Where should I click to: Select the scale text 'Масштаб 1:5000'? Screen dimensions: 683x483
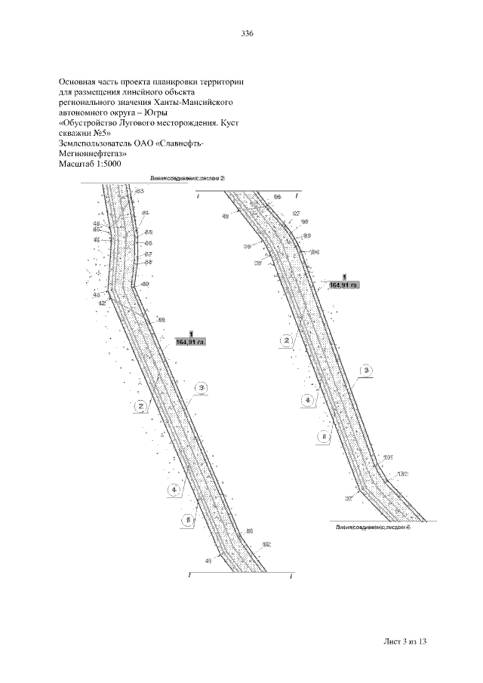click(89, 164)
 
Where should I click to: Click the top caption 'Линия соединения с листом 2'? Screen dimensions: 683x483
click(187, 179)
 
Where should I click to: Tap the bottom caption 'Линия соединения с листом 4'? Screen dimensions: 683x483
click(373, 528)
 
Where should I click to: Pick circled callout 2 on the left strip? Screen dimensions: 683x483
click(140, 406)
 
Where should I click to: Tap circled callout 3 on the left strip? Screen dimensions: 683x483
click(201, 388)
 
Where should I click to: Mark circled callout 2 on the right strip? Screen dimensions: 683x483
click(286, 340)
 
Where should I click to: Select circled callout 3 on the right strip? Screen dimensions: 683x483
click(366, 371)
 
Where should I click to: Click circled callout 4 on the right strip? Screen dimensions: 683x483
click(306, 400)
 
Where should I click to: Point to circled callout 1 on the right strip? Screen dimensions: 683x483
click(323, 436)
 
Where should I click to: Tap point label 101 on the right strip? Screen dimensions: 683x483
click(389, 457)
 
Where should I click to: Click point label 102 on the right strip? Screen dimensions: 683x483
click(402, 474)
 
